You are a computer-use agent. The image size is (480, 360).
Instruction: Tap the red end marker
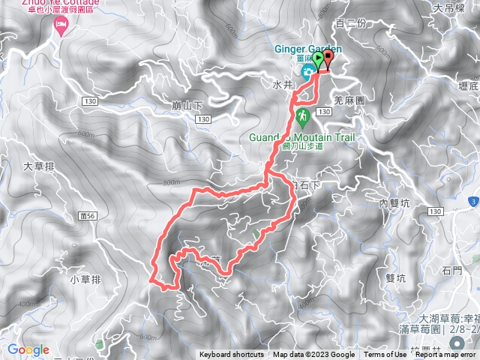tap(328, 59)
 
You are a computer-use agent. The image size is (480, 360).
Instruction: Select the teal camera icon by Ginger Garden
tap(308, 71)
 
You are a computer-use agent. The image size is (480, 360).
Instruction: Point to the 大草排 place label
tap(36, 166)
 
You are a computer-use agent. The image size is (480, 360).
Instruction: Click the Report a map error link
tap(446, 355)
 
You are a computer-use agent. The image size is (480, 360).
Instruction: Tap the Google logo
tap(28, 349)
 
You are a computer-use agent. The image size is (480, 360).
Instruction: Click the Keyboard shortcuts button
tap(232, 355)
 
